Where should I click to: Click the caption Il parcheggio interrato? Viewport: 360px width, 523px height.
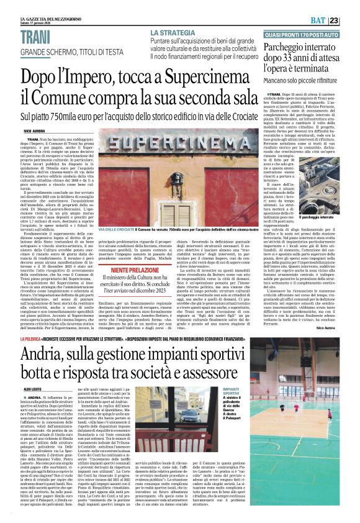click(318, 218)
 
